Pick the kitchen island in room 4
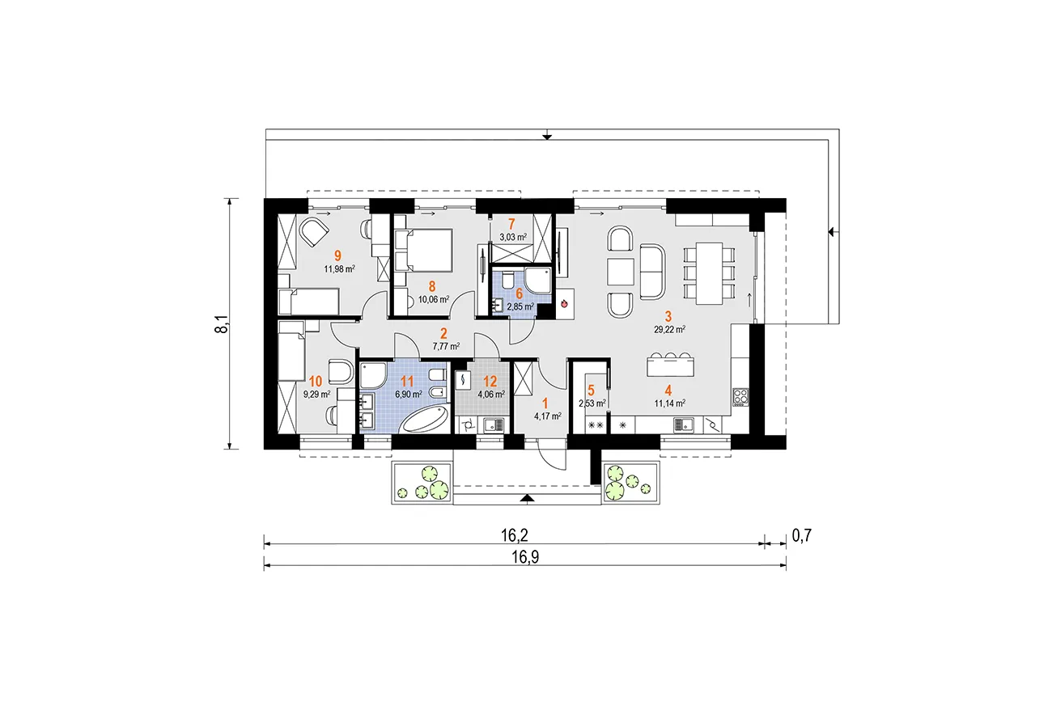[671, 365]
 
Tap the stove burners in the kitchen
[740, 396]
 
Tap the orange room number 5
[590, 389]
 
